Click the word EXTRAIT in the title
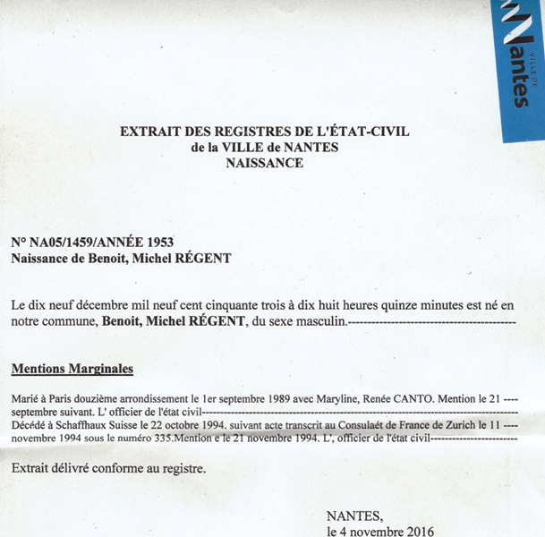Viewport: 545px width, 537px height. (150, 132)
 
